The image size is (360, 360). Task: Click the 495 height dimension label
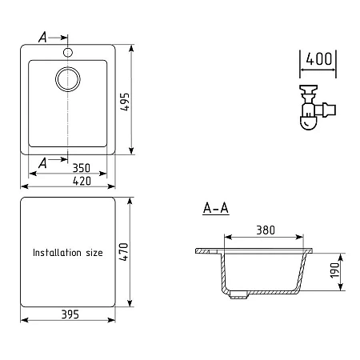pos(125,102)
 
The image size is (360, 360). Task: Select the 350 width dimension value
pos(82,168)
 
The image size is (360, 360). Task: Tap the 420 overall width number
pos(82,181)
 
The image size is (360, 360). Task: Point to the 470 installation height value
pos(124,251)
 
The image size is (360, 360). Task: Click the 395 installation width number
pos(70,314)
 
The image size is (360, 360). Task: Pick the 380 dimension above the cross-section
pos(266,230)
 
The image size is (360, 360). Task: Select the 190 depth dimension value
pos(334,270)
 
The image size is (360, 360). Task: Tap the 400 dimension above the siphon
pos(318,59)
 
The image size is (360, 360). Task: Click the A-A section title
pos(216,208)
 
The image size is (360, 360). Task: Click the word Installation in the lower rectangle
pos(57,253)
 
